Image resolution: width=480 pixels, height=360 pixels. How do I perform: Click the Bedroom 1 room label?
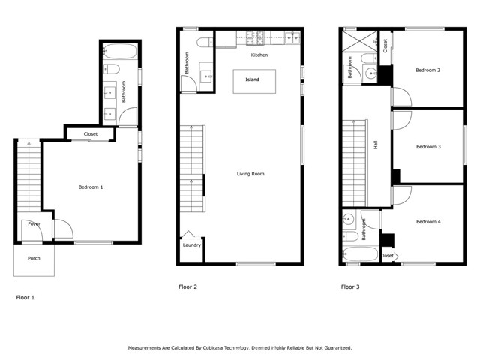coord(91,187)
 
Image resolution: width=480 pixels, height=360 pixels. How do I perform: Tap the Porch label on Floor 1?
coord(34,259)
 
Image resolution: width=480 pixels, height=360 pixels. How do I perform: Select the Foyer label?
coord(34,223)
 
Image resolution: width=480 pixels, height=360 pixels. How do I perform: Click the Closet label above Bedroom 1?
coord(91,134)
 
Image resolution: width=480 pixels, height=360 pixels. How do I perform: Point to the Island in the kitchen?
coord(252,79)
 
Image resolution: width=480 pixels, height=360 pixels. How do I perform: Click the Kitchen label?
coord(259,55)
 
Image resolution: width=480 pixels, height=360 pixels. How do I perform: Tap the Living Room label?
coord(250,174)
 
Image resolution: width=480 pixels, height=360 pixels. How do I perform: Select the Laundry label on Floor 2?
coord(192,244)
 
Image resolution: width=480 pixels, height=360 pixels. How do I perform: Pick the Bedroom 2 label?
coord(427,70)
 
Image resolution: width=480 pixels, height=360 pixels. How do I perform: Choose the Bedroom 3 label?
coord(427,146)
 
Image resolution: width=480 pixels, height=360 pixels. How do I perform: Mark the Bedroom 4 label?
coord(427,221)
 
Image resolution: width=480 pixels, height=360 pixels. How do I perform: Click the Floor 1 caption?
coord(25,297)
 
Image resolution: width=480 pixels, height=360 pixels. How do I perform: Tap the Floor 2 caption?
coord(187,286)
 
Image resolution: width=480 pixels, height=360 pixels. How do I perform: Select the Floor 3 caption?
coord(350,286)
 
